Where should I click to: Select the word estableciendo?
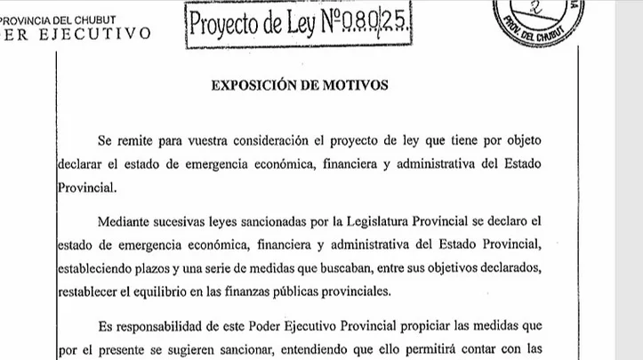(97, 268)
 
